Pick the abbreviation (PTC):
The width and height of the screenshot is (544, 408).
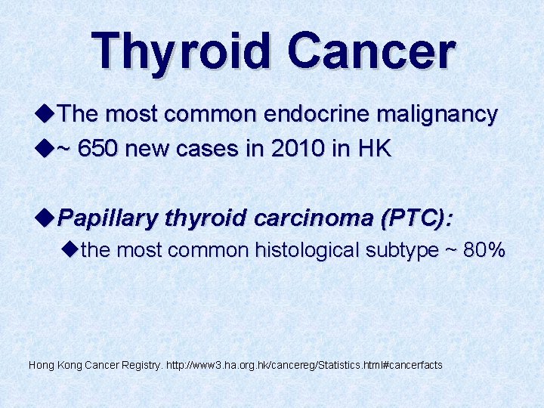(418, 219)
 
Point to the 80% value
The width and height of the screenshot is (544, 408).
(484, 250)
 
